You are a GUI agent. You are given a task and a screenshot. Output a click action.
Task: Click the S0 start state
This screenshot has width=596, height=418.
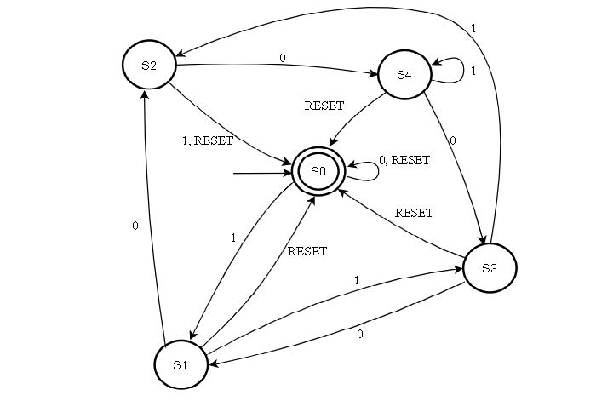point(318,171)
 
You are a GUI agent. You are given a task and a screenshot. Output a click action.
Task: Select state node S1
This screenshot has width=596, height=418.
point(180,364)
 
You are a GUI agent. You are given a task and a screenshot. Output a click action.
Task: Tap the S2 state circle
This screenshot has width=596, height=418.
point(148,66)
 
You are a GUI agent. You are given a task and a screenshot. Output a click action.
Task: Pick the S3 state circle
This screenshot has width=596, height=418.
point(489,268)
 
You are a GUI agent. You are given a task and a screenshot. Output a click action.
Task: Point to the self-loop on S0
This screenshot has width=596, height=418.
point(363,172)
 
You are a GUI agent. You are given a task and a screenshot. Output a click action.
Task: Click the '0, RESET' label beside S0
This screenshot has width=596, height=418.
point(404,160)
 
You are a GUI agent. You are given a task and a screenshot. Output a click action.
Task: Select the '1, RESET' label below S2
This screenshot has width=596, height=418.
point(207,141)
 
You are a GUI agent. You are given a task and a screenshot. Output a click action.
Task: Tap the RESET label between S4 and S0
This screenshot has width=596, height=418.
point(324,106)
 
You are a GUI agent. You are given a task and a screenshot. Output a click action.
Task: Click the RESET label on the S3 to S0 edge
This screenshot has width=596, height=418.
point(415,213)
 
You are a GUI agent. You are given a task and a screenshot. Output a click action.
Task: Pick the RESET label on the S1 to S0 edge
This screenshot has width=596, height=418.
point(307,251)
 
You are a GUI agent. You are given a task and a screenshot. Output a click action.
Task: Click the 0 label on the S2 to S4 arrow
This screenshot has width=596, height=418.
point(282,58)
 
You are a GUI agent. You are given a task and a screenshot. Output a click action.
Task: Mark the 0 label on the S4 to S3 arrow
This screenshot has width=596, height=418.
point(452,140)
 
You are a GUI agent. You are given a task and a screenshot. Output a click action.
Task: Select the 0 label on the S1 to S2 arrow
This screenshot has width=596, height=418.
point(135,226)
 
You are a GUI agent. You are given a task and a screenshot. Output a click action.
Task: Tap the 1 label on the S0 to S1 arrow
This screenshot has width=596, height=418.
point(233,238)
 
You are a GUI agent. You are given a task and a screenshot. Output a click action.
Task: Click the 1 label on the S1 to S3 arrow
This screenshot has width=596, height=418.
point(356,280)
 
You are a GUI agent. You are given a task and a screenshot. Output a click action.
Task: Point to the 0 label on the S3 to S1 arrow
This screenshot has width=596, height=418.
point(360,335)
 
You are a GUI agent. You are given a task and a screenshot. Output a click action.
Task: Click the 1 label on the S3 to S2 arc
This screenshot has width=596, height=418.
point(473,28)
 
